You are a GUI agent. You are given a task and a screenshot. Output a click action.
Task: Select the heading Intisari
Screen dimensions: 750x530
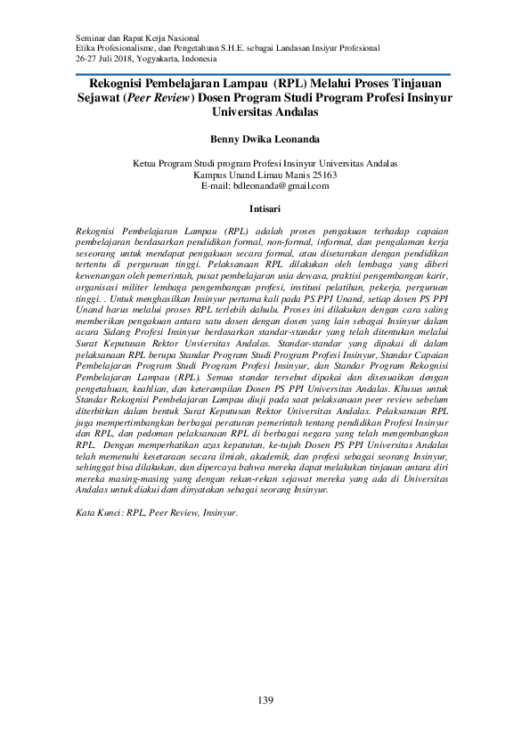(265, 210)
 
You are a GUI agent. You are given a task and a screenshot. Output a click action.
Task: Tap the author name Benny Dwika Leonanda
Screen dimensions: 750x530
(265, 140)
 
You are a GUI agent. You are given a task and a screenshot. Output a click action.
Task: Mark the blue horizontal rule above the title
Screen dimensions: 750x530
(265, 75)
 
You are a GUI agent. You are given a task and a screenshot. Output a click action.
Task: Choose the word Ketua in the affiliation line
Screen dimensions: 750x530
(145, 165)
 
